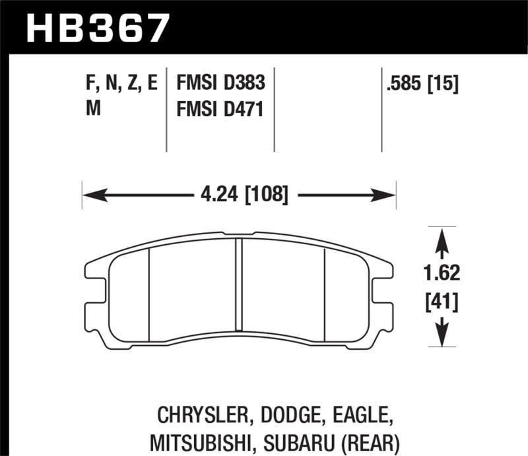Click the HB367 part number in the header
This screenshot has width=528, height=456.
[97, 28]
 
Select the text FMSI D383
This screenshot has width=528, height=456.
[220, 83]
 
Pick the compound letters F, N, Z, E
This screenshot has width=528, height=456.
[121, 83]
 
